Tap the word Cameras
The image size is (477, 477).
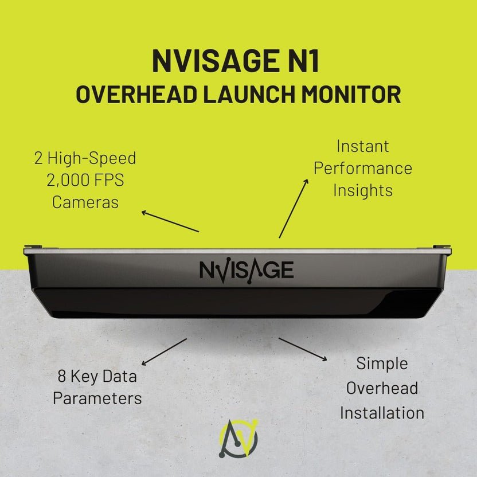click(85, 202)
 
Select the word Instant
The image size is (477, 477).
click(362, 146)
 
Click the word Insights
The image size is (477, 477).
click(362, 190)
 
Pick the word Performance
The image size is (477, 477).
click(362, 168)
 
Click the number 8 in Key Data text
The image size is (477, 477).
click(62, 377)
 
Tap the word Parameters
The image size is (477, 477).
click(97, 398)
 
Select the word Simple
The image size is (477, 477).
click(382, 363)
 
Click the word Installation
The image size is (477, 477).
click(382, 412)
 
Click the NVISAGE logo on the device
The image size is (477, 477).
click(247, 269)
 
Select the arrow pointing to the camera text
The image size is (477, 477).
click(170, 222)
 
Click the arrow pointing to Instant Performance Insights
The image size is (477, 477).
click(294, 208)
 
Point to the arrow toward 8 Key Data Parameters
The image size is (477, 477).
click(164, 351)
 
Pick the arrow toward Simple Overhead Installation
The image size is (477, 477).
click(303, 349)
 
